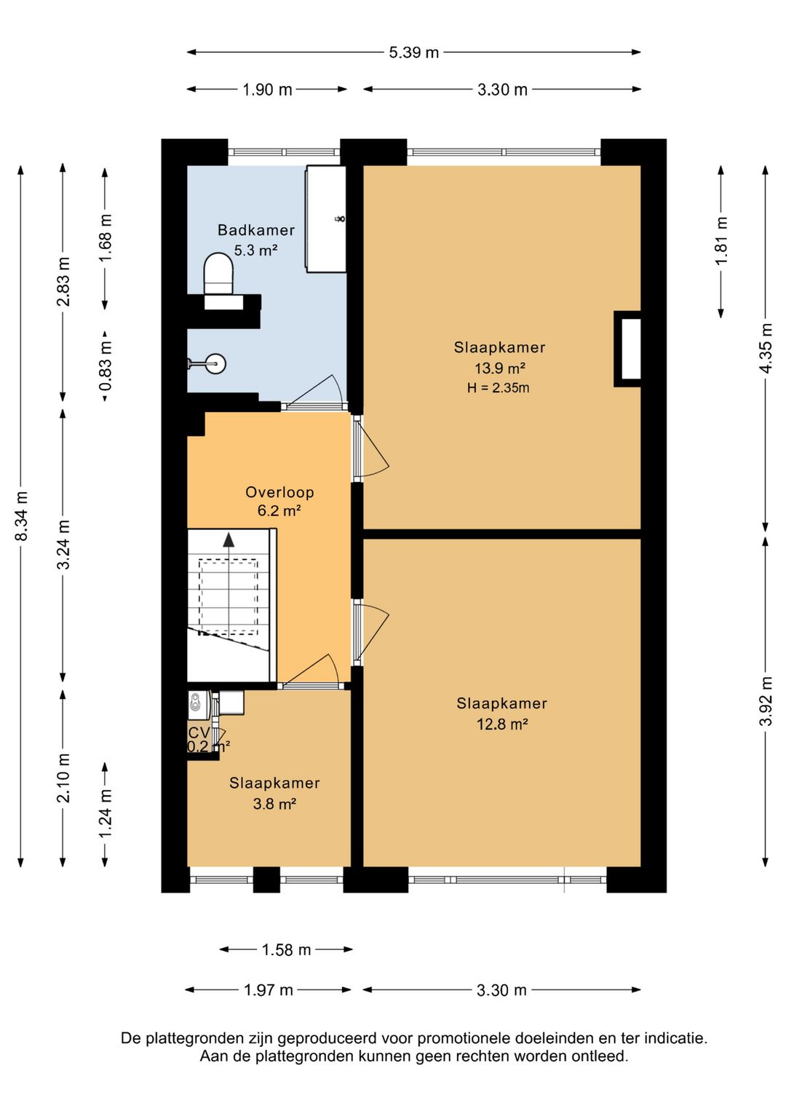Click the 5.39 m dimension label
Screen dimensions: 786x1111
click(413, 52)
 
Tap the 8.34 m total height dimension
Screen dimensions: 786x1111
click(21, 516)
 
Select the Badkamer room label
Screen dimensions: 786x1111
click(256, 230)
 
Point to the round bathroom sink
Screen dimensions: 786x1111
click(215, 363)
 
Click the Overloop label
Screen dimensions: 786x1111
click(279, 492)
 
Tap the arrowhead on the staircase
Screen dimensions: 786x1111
click(229, 539)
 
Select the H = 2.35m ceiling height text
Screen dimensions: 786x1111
click(498, 388)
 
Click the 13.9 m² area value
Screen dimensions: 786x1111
click(500, 368)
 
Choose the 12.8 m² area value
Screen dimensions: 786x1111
click(502, 724)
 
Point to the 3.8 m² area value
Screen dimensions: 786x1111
click(274, 804)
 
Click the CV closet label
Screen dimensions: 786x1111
click(199, 733)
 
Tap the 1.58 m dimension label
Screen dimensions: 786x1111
click(286, 950)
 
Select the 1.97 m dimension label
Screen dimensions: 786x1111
click(269, 990)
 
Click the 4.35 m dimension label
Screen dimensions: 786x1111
click(766, 348)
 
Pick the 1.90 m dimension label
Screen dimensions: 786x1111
click(267, 90)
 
